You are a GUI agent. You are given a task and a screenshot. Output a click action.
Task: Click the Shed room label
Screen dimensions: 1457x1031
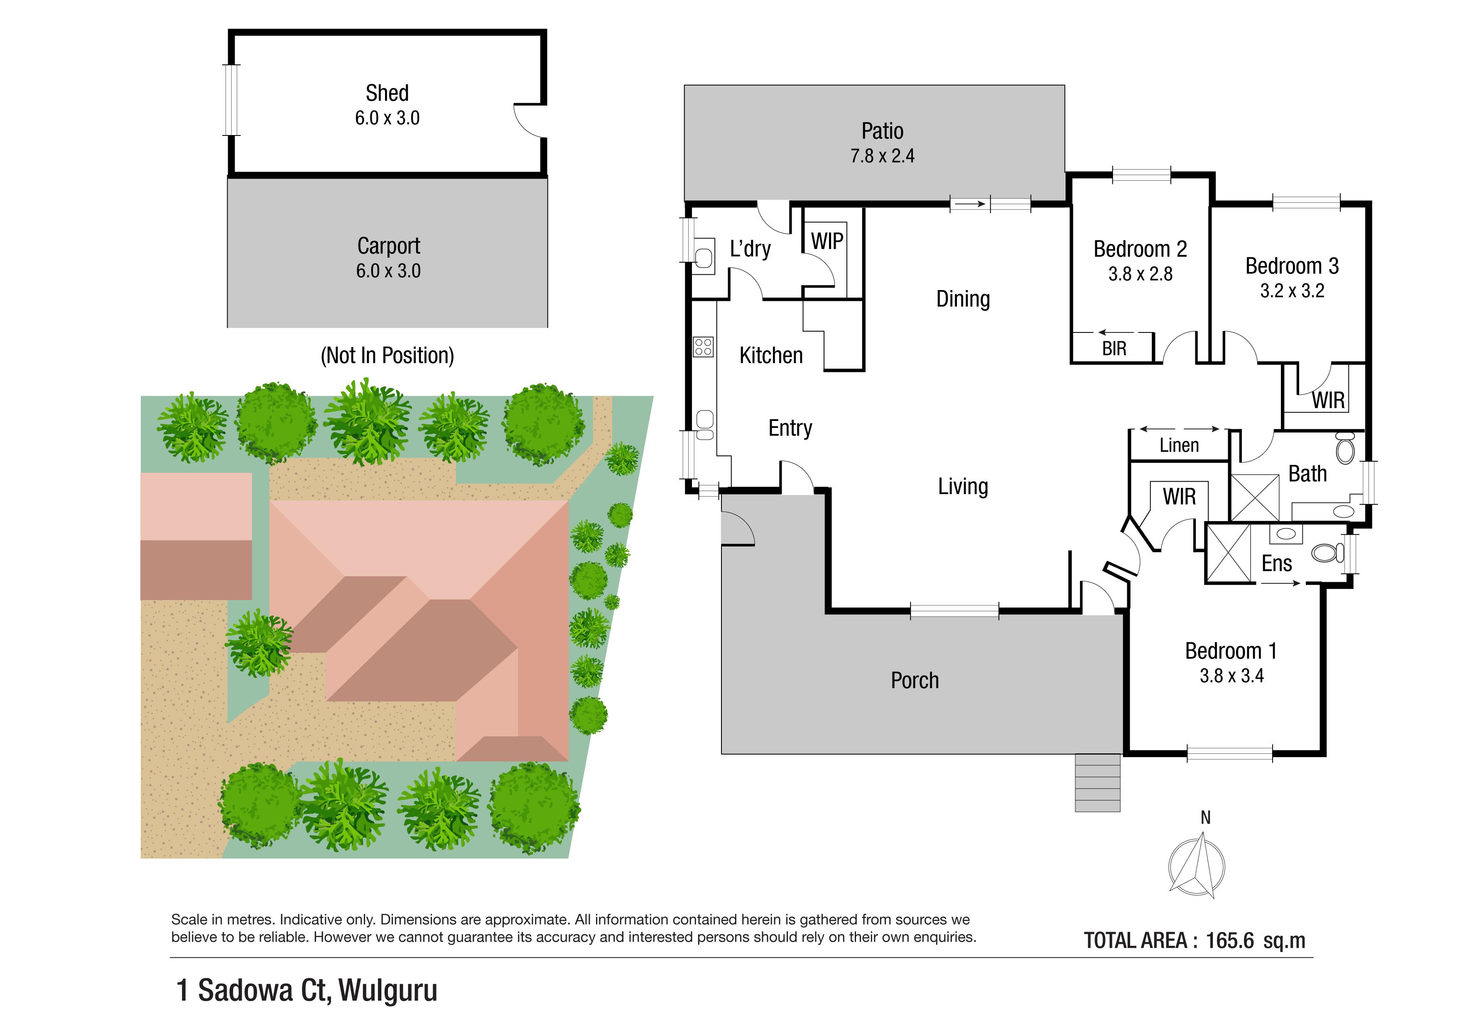pos(387,94)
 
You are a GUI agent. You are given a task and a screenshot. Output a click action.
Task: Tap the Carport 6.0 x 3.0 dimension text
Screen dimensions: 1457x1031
pos(388,271)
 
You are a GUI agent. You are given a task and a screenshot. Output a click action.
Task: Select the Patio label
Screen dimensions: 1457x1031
pos(882,131)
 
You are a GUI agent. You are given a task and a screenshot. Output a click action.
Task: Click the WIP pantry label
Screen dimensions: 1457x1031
pos(827,241)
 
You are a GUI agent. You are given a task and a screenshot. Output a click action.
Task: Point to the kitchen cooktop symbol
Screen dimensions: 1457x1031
pos(703,347)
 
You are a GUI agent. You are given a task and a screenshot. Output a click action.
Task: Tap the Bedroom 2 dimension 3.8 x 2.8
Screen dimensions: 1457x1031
pos(1141,274)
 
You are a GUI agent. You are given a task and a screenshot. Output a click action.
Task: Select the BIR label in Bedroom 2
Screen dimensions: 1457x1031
pos(1114,349)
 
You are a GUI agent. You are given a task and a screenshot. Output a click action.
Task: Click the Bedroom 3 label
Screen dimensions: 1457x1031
pos(1292,266)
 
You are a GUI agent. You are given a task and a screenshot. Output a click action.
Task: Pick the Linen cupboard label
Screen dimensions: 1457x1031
pos(1179,445)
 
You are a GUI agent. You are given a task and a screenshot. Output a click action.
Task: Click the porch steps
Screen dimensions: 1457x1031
pos(1097,783)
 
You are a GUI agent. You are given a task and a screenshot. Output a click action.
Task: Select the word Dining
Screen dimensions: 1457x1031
pos(963,299)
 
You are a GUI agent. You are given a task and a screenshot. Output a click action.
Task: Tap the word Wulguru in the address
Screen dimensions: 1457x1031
pos(388,990)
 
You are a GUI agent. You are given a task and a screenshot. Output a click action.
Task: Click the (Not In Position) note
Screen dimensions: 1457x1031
pos(387,356)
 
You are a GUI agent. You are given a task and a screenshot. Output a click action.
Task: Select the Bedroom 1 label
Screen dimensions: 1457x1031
pos(1231,651)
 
